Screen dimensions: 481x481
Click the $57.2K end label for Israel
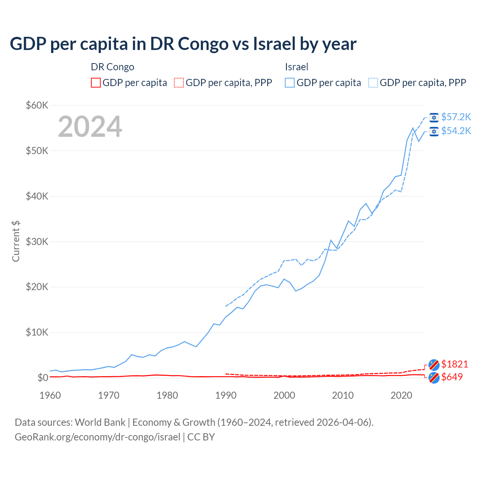[x=456, y=117]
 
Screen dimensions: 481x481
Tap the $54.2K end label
[x=456, y=131]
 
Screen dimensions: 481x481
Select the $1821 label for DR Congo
[x=454, y=364]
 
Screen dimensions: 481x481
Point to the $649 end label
[x=452, y=377]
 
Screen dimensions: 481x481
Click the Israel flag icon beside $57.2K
[x=434, y=118]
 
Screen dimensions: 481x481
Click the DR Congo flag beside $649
[x=434, y=378]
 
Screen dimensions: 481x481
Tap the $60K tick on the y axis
[x=37, y=105]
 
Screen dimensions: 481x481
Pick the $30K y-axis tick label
[x=37, y=242]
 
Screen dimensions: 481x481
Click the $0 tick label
[x=43, y=378]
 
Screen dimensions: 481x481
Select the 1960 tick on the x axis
[x=50, y=395]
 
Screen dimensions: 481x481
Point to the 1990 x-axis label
[x=226, y=395]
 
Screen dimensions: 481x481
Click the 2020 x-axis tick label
[x=401, y=395]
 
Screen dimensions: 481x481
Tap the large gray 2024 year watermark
[x=90, y=127]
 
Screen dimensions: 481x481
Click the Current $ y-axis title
[x=16, y=241]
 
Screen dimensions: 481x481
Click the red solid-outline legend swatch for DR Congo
[x=96, y=83]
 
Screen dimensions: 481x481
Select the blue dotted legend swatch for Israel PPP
[x=373, y=83]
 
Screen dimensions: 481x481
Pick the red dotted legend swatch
[x=179, y=83]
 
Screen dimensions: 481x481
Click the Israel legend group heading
[x=296, y=67]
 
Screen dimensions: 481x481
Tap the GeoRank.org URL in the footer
[x=97, y=437]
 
